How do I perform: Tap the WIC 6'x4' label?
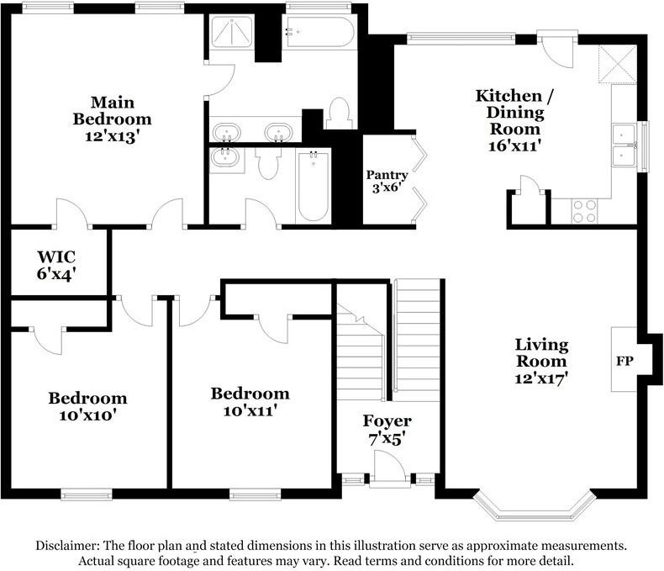coord(56,265)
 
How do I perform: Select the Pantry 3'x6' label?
coord(387,181)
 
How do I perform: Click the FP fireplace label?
coord(624,361)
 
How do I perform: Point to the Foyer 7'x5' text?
coord(387,430)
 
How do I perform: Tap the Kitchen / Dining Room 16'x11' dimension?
coord(514,145)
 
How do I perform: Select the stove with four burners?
coord(584,211)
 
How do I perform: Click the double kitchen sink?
coord(624,145)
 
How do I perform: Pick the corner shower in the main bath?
coord(232,31)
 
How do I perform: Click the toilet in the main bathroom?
coord(340,113)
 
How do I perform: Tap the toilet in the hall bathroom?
coord(268,163)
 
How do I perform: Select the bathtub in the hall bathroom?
coord(313,186)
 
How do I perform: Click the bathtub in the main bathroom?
coord(319,32)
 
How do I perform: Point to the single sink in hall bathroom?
coord(226,157)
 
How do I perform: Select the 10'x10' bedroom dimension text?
coord(87,415)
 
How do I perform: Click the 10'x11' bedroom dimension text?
coord(250,411)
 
